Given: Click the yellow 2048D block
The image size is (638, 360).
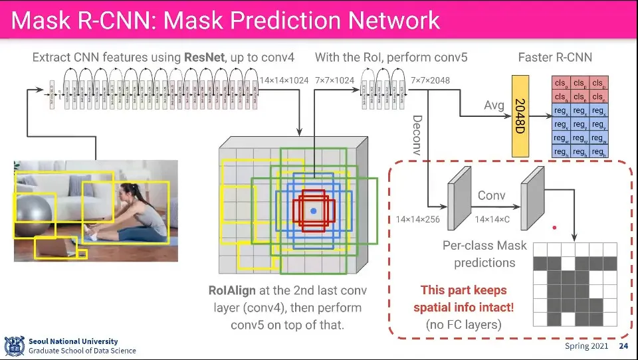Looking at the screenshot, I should point(520,116).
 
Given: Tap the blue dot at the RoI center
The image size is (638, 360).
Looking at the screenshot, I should point(314,211).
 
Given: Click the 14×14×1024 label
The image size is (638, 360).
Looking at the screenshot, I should point(284,80).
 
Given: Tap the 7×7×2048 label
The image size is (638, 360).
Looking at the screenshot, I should point(430,80).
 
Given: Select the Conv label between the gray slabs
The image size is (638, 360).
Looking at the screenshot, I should point(492,195).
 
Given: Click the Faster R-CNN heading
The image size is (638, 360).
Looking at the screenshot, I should point(554,57).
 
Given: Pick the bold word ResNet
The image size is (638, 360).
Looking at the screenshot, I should point(200,57).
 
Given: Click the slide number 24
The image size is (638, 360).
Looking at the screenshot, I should point(623,346).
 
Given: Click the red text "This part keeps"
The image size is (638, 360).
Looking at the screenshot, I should point(463,290).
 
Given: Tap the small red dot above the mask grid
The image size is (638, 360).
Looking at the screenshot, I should point(554,227).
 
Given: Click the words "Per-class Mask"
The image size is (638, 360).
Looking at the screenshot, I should point(484,246).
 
